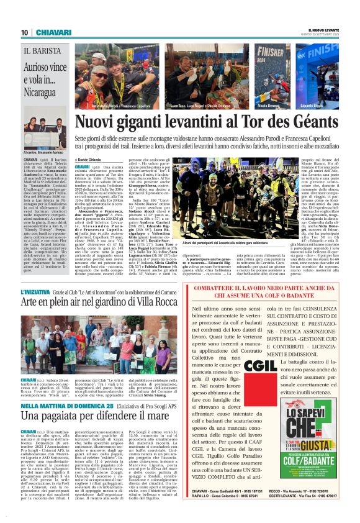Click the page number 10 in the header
click(x=24, y=32)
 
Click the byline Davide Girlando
click(x=92, y=160)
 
